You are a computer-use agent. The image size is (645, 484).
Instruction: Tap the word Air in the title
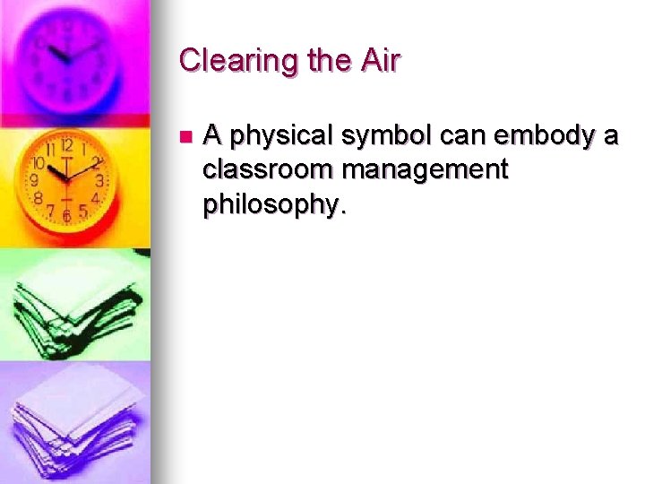click(x=378, y=61)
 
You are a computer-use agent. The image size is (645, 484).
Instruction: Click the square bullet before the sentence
click(x=185, y=137)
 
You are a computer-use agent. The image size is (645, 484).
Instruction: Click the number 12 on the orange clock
click(x=66, y=146)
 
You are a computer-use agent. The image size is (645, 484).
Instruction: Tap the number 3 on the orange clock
click(x=99, y=180)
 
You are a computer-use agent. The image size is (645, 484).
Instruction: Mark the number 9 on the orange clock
click(x=35, y=180)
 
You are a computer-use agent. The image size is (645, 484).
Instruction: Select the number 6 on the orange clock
click(x=66, y=215)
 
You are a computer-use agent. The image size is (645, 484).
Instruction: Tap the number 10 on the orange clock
click(x=39, y=163)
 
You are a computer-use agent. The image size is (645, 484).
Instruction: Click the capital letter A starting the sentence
click(x=212, y=136)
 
